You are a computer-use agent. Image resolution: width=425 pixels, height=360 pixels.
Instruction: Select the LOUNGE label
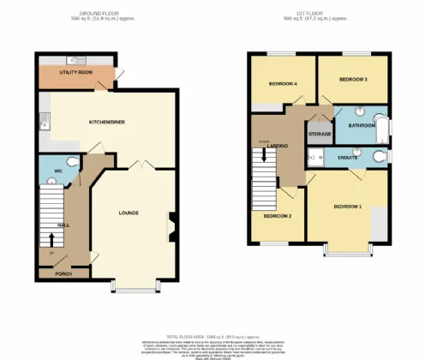click(129, 213)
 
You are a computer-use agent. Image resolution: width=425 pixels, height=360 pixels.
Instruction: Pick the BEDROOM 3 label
click(353, 79)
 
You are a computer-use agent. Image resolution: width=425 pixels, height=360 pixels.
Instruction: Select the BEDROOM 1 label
click(348, 207)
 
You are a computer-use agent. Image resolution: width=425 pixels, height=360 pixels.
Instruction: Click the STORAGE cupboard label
click(320, 134)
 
